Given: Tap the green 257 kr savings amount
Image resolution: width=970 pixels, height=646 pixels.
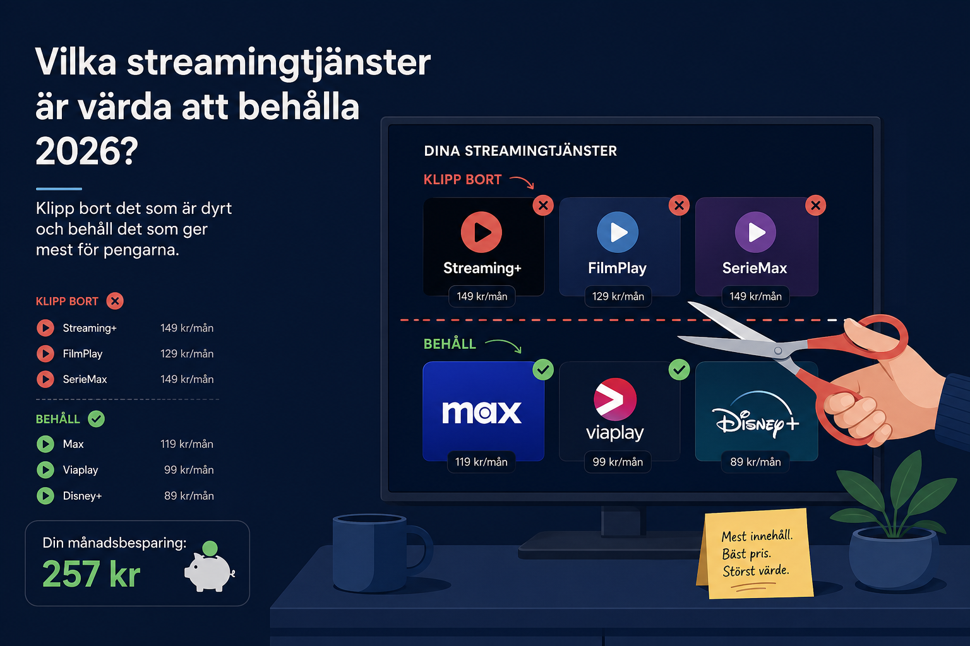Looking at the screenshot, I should (92, 574).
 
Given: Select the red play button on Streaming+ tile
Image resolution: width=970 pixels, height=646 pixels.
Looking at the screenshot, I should (481, 232).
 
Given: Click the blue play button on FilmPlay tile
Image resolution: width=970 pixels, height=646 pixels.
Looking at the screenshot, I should (618, 232).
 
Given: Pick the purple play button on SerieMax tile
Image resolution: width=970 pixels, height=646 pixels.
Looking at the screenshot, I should (755, 232).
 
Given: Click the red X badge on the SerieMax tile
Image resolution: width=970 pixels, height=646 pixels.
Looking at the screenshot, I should (815, 206).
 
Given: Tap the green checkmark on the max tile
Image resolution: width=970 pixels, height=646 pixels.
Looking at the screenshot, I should (543, 370).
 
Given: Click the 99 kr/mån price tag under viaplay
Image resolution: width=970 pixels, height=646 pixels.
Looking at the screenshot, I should (618, 462).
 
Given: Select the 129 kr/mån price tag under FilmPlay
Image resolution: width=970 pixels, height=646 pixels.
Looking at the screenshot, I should (618, 297).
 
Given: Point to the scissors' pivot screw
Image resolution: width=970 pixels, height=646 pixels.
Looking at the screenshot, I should (778, 351).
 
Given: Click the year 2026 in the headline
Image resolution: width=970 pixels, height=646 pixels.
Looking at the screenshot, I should (87, 151).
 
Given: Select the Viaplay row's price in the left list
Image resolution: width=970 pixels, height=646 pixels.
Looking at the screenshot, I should (189, 470).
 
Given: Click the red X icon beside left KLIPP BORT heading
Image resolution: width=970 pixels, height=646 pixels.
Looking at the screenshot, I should (115, 301).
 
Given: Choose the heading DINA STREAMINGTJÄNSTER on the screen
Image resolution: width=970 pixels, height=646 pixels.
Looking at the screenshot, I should (520, 151).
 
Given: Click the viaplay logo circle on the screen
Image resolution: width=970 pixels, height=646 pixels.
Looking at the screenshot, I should (615, 399).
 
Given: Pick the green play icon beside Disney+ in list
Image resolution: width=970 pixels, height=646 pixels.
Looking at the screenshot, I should (45, 496).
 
